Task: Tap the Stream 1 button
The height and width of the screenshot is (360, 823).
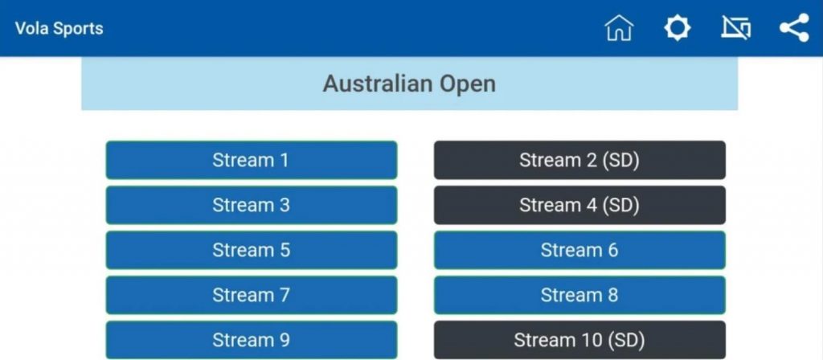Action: click(x=252, y=160)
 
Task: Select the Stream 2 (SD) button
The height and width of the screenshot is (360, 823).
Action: click(x=579, y=160)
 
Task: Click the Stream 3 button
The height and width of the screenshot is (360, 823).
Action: click(x=252, y=205)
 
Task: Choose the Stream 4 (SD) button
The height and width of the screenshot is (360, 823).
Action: click(x=579, y=205)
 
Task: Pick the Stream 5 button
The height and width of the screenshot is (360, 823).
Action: click(x=252, y=251)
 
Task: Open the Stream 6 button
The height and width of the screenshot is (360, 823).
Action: click(x=579, y=251)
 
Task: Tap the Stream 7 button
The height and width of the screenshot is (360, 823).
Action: click(x=252, y=296)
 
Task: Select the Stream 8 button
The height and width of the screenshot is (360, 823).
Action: click(x=579, y=296)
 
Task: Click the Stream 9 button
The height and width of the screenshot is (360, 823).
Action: click(x=252, y=340)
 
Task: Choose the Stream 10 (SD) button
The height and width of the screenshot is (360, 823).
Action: click(x=579, y=340)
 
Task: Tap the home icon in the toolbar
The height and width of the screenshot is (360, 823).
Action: click(x=620, y=28)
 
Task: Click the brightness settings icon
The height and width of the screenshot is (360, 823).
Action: click(x=678, y=28)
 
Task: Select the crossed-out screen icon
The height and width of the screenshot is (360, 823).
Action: click(x=736, y=28)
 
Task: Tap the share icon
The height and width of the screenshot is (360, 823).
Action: click(x=794, y=28)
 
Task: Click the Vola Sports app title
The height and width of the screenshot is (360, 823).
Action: click(x=59, y=28)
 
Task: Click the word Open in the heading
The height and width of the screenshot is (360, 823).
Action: click(x=468, y=84)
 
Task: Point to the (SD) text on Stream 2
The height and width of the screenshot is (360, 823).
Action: click(x=620, y=161)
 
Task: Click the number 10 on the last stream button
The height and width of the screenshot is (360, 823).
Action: click(x=587, y=341)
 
